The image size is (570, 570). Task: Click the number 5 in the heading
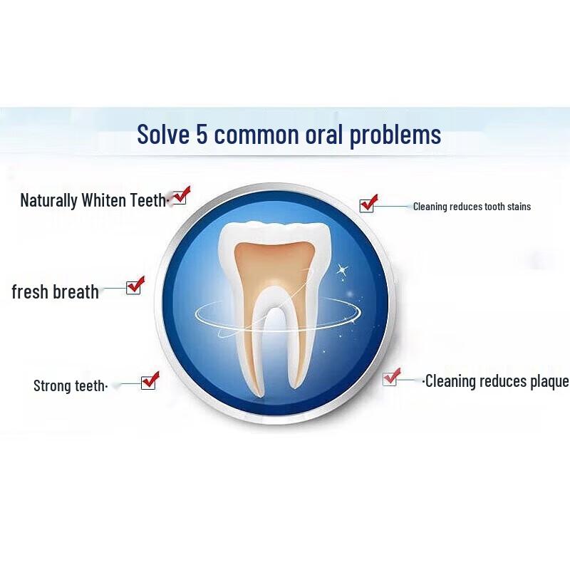201,134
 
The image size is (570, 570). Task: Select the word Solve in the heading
163,134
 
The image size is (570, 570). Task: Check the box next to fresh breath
133,287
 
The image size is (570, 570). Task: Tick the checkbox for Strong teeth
148,382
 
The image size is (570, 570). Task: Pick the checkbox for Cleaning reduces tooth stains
367,205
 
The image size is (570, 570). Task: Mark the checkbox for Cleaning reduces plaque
390,379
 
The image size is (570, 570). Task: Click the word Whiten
104,200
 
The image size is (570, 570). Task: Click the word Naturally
48,200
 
